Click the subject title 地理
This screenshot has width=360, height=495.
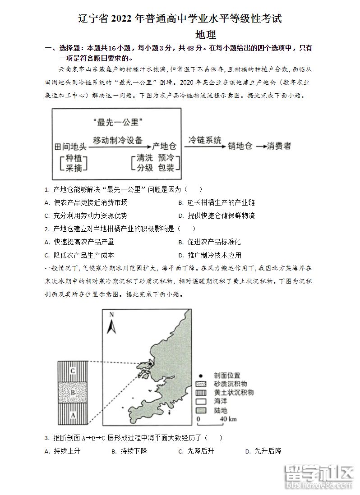[206, 34]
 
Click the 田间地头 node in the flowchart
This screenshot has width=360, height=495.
[70, 146]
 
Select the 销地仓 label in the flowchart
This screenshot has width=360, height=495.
[240, 146]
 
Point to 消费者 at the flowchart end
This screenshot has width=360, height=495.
[279, 146]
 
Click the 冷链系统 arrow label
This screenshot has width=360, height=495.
[205, 140]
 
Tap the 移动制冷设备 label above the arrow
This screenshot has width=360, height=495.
[117, 140]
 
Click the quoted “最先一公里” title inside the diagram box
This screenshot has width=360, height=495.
[117, 121]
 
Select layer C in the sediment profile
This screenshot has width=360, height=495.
[72, 371]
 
